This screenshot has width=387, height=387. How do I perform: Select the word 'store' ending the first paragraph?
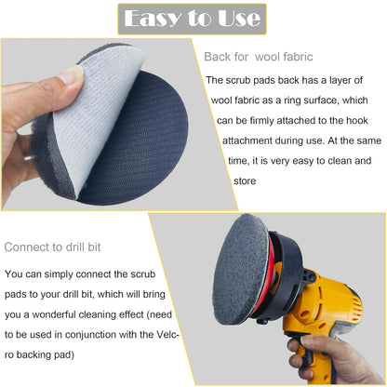219,182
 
